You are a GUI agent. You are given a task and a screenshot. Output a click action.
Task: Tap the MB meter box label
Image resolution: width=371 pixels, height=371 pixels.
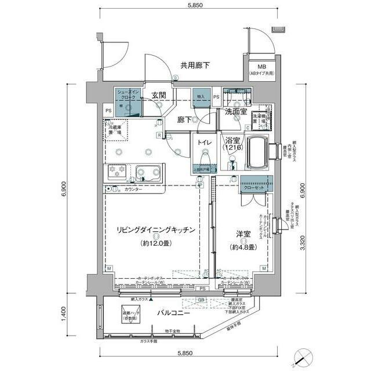coord(262,69)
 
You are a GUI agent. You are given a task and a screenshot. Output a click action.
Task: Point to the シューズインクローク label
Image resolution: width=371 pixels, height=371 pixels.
coord(128,95)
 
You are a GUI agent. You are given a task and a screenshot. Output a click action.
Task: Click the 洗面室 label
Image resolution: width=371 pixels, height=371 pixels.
coord(236,112)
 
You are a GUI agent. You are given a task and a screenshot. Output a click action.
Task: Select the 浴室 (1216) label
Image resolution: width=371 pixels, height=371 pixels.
coord(234,144)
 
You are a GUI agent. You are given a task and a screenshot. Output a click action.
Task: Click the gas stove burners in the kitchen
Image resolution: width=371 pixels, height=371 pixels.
coord(116,172)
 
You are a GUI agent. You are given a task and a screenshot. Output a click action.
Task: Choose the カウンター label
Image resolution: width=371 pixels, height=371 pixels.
coord(133,190)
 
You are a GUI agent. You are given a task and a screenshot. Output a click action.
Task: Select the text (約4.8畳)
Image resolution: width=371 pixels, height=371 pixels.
coord(242,243)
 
